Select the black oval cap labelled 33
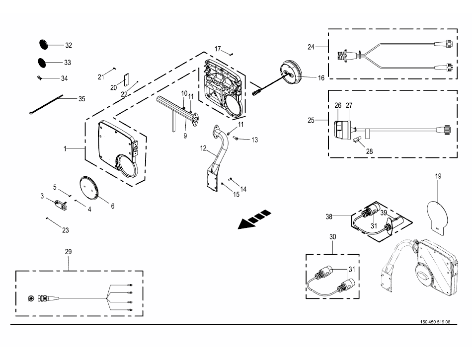click(44, 63)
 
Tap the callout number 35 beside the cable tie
click(81, 99)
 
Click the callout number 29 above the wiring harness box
click(69, 252)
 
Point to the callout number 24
click(311, 47)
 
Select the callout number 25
click(311, 120)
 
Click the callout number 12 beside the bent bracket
click(203, 148)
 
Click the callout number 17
click(218, 48)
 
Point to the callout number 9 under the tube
click(185, 135)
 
